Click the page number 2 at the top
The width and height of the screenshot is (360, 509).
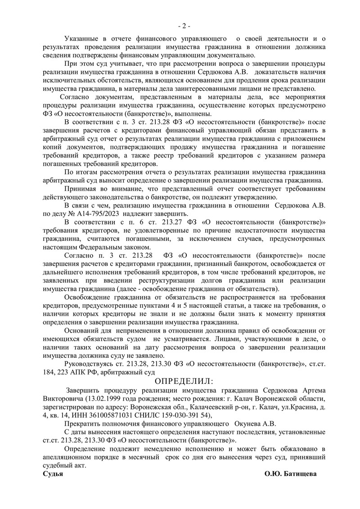(x=184, y=26)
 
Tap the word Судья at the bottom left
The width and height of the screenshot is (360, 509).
(x=52, y=474)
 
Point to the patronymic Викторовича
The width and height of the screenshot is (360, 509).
(x=63, y=399)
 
